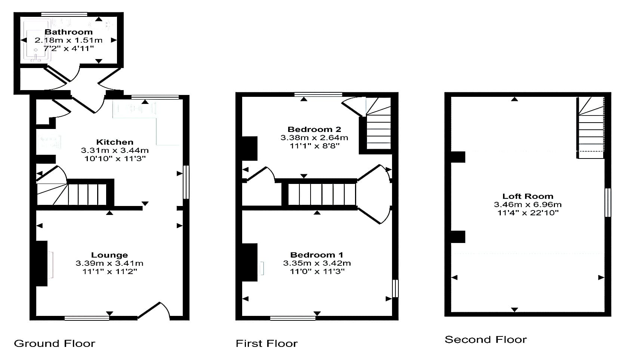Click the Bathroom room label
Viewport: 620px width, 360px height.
click(x=69, y=32)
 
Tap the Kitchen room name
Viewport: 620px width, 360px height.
click(x=115, y=142)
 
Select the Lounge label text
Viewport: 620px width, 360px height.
click(x=109, y=255)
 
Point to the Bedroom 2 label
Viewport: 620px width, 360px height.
click(x=314, y=129)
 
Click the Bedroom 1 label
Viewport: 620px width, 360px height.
click(x=317, y=255)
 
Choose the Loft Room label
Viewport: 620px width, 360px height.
click(x=528, y=196)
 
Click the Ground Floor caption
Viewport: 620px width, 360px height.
click(x=55, y=344)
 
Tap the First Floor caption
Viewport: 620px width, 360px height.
click(x=266, y=344)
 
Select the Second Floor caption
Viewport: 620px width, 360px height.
click(x=486, y=339)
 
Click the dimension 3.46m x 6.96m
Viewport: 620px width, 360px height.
click(x=528, y=204)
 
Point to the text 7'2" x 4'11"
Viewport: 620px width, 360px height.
click(x=69, y=49)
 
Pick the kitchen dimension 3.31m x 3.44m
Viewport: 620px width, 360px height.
click(x=115, y=150)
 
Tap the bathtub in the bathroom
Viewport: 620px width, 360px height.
click(x=37, y=40)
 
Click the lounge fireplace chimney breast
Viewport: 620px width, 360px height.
click(x=41, y=263)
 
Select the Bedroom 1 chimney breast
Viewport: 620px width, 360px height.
click(x=250, y=262)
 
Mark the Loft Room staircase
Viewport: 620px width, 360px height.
click(x=590, y=127)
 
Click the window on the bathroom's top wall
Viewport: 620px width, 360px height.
click(x=64, y=14)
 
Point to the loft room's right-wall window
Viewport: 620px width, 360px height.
click(x=608, y=203)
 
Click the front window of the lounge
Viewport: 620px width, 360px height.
click(x=87, y=318)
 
